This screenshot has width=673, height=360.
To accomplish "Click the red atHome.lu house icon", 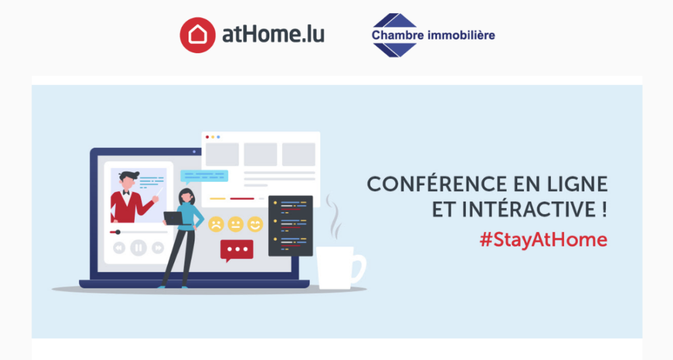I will click(197, 34).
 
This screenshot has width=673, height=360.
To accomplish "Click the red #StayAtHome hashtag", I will click(543, 239).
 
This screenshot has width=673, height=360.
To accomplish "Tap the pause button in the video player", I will click(138, 248).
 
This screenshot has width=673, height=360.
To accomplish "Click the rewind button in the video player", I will click(119, 248).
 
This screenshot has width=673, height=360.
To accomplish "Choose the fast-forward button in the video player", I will click(158, 248).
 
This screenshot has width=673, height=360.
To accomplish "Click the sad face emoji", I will click(216, 224).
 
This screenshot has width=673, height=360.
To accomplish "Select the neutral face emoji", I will click(235, 224).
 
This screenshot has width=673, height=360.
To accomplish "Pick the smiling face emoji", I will click(255, 224).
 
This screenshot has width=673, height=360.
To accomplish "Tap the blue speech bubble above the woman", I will click(204, 176).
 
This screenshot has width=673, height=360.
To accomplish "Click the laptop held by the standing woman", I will click(174, 218).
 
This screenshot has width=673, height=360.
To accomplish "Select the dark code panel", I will click(290, 225).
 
